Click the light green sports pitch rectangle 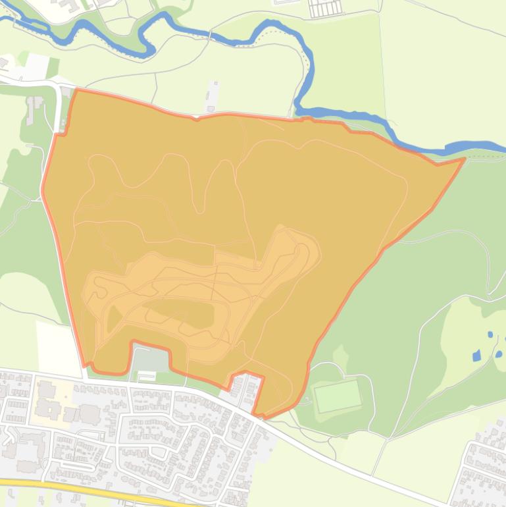pyautogui.click(x=338, y=395)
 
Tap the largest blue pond pyautogui.click(x=477, y=356)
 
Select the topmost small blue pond pyautogui.click(x=490, y=334)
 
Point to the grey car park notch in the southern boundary pyautogui.click(x=150, y=358)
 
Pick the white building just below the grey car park pyautogui.click(x=146, y=375)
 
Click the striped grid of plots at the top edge pyautogui.click(x=326, y=9)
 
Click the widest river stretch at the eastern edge pyautogui.click(x=477, y=147)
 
